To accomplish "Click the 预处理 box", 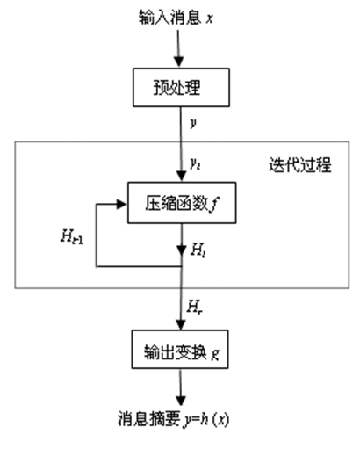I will pos(181,89).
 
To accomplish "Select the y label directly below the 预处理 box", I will pos(192,123).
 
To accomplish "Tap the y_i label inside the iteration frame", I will pos(194,163).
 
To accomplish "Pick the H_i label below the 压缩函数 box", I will pos(197,250).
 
